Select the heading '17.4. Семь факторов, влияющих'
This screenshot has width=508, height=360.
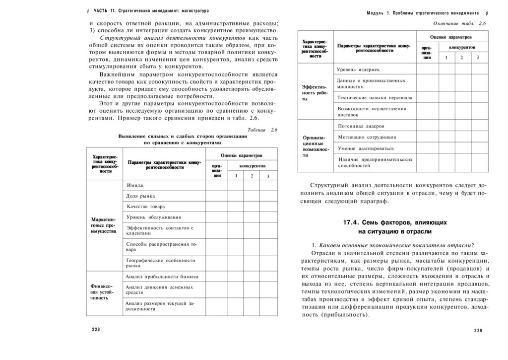coord(395,222)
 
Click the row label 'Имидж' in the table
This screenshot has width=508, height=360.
coord(135,185)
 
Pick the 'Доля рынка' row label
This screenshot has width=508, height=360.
coord(141,196)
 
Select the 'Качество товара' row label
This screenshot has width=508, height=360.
coord(145,206)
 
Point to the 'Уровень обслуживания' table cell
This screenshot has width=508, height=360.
coord(153,217)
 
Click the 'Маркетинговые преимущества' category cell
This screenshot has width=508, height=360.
coord(104,224)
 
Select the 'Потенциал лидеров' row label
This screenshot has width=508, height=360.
coord(361,126)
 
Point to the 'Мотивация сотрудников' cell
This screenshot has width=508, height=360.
coord(367,137)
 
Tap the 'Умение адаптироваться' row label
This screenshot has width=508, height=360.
coord(366,148)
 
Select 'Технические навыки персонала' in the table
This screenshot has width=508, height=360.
coord(375,97)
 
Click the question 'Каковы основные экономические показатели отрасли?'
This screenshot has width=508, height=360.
coord(397,244)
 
